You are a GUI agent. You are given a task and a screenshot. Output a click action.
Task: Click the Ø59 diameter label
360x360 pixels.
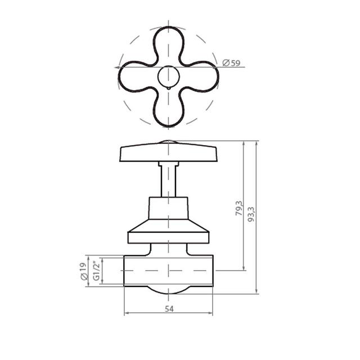tap(231, 62)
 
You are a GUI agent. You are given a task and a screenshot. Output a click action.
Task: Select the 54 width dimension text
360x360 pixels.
tap(169, 309)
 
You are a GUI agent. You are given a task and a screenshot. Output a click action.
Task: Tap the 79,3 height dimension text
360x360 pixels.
tap(238, 208)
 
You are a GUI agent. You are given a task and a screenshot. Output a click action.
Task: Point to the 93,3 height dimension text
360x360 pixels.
tap(251, 214)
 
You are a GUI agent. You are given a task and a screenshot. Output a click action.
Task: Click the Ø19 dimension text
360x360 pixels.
tap(84, 271)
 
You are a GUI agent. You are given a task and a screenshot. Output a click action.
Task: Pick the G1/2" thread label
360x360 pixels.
tap(97, 270)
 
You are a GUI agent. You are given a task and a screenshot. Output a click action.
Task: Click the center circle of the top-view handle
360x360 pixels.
tap(169, 76)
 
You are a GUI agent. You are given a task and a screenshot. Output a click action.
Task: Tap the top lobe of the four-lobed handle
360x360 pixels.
tap(169, 44)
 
